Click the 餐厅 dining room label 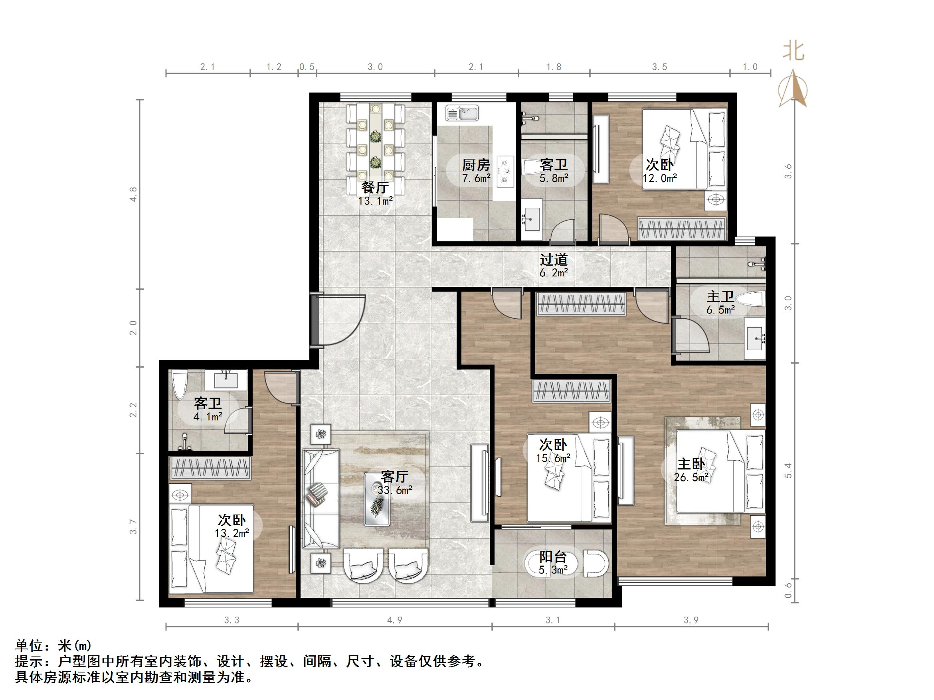(375, 187)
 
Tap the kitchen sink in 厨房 (462, 114)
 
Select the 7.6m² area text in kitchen (476, 178)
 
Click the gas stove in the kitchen (505, 171)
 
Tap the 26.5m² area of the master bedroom (691, 478)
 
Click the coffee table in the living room (377, 499)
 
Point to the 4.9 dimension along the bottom (395, 620)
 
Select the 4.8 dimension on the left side (133, 194)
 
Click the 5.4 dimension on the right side (788, 471)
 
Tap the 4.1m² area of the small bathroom (208, 417)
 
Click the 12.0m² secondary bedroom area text (659, 178)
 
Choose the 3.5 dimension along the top (659, 67)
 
